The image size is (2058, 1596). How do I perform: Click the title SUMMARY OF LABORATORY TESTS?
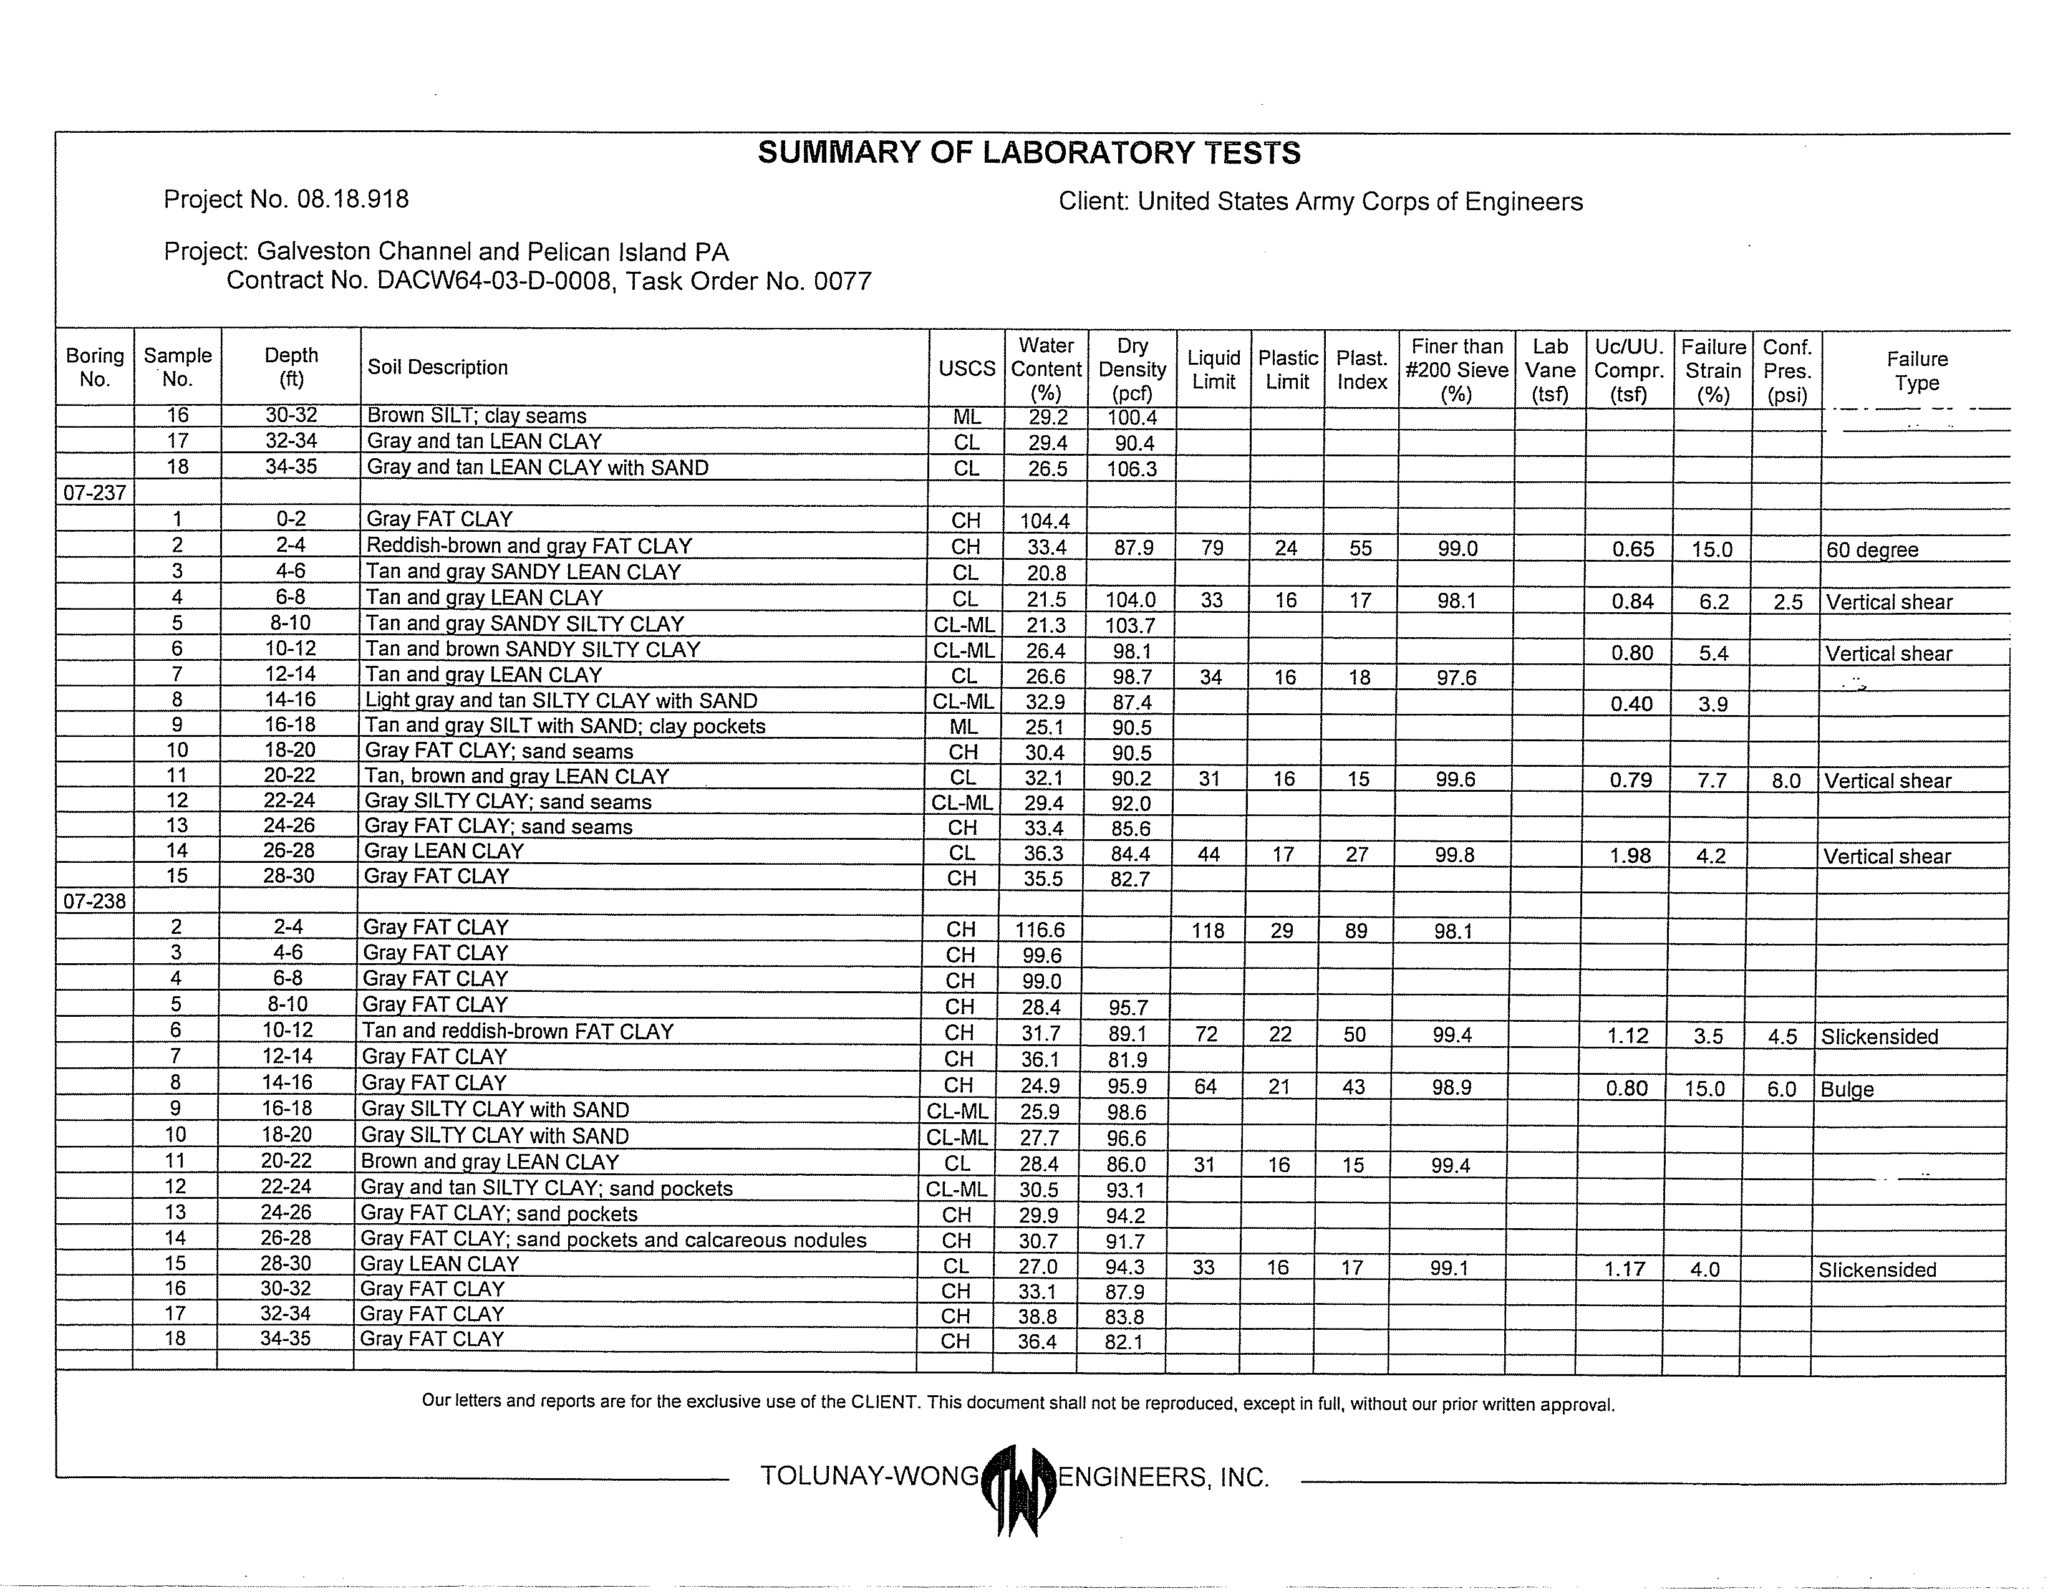coord(1029,153)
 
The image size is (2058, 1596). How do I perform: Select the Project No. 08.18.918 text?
coord(286,199)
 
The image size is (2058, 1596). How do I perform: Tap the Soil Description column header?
coord(437,367)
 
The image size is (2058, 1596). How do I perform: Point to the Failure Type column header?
coord(1916,370)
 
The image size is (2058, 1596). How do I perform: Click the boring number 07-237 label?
coord(94,493)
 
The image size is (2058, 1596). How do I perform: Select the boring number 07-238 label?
coord(94,901)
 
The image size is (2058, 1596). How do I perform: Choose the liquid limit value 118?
coord(1207,931)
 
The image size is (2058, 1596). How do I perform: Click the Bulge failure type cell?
coord(1847,1089)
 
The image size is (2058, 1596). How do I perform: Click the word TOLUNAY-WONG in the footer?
coord(869,1476)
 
